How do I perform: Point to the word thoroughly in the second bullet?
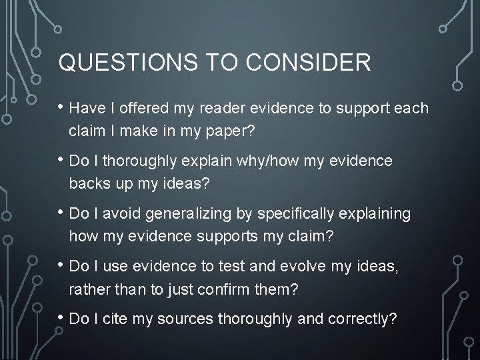coord(140,161)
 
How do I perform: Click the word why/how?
coord(233,161)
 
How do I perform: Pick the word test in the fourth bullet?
coord(213,266)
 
